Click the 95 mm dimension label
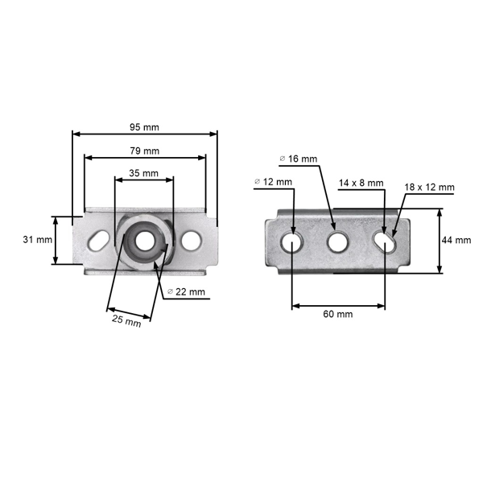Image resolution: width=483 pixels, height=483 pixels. coord(144,127)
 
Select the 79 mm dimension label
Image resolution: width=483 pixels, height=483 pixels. coord(144,151)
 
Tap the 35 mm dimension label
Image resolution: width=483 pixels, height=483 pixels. coord(143,173)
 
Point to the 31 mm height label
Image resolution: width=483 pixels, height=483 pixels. coord(38,239)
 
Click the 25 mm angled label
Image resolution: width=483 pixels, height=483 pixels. coord(126,320)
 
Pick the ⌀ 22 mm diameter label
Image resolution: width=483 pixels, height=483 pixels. coord(186,291)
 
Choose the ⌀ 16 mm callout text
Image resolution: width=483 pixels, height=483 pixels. coord(298,159)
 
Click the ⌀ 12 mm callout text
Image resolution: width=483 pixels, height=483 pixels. coord(273,182)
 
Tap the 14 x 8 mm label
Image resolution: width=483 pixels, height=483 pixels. coord(361,183)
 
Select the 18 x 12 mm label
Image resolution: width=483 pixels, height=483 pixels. coord(429,187)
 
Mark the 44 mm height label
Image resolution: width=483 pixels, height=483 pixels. coord(456,240)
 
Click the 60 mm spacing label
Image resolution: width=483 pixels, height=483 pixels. coord(338,314)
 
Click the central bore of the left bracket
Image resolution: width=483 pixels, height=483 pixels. coord(144,241)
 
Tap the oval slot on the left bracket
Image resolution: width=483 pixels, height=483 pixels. coord(98,240)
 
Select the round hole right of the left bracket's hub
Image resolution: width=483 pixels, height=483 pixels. coord(192,240)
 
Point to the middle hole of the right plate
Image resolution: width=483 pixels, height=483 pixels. coord(337,242)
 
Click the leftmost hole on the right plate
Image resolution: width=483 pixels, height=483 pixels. coord(291,242)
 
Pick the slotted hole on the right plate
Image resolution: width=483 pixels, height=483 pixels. coord(385,242)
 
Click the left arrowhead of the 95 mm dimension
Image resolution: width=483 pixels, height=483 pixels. coord(76,134)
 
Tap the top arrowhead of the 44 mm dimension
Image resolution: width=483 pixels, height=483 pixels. coord(440,213)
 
